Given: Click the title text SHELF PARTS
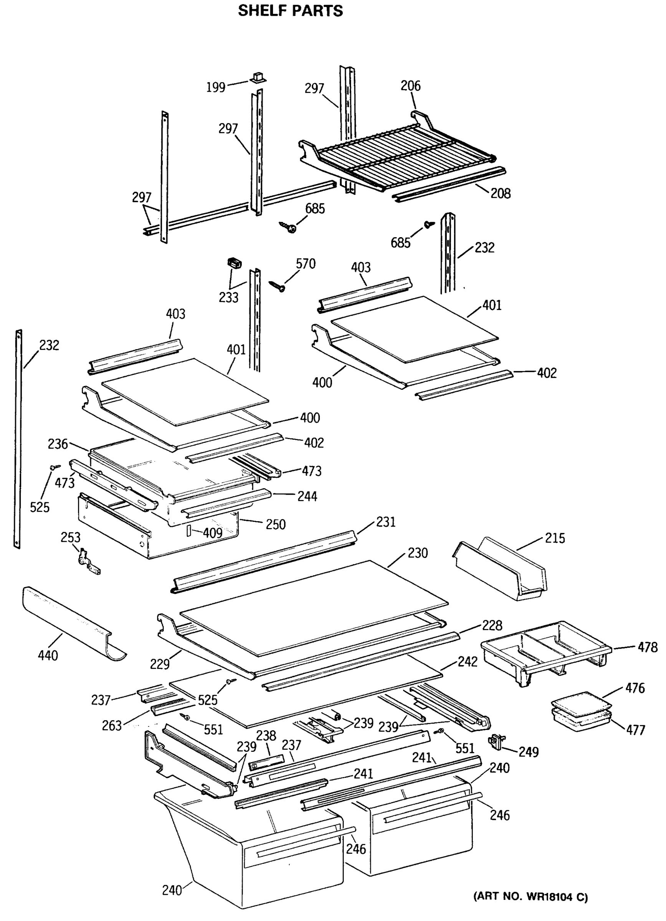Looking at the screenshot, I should tap(290, 11).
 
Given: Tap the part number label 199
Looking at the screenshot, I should tap(216, 87).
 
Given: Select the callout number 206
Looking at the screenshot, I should tap(411, 86).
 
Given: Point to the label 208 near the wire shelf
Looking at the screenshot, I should tap(500, 193).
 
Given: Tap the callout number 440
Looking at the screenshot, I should tap(48, 655).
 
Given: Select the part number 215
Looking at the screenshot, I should tap(555, 538).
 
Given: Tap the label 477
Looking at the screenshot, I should tap(636, 730).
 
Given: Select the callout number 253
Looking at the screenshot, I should tap(70, 537).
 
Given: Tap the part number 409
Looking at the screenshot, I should tap(212, 533).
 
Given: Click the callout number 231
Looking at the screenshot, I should tap(385, 522).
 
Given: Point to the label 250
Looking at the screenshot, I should tap(276, 524).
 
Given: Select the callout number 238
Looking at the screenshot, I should tap(266, 736).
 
